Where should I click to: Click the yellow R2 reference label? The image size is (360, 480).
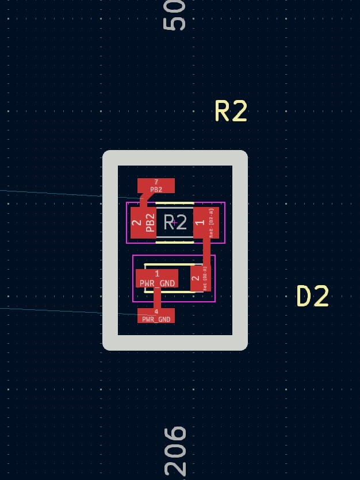click(231, 111)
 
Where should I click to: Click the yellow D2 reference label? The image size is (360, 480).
click(312, 296)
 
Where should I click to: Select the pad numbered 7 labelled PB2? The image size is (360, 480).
click(156, 185)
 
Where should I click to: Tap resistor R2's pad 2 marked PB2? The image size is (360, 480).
click(143, 222)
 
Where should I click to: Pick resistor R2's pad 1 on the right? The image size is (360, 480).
click(206, 222)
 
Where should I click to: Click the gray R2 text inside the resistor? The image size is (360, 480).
click(175, 222)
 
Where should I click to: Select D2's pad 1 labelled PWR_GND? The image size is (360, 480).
click(156, 278)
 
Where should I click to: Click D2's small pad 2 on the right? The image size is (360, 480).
click(200, 278)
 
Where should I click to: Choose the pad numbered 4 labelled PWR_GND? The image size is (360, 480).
click(156, 315)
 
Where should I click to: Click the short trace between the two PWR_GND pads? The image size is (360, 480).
click(156, 298)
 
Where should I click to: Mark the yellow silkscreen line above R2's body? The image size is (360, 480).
click(174, 203)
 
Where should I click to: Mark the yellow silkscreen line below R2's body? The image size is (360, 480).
click(174, 242)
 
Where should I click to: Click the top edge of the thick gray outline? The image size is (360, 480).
click(175, 158)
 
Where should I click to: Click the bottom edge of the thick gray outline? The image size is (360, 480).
click(175, 343)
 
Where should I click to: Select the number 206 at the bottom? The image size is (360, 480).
click(175, 452)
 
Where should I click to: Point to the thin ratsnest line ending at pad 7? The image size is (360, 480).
click(58, 193)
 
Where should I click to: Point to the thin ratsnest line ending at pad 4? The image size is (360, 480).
click(58, 310)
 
